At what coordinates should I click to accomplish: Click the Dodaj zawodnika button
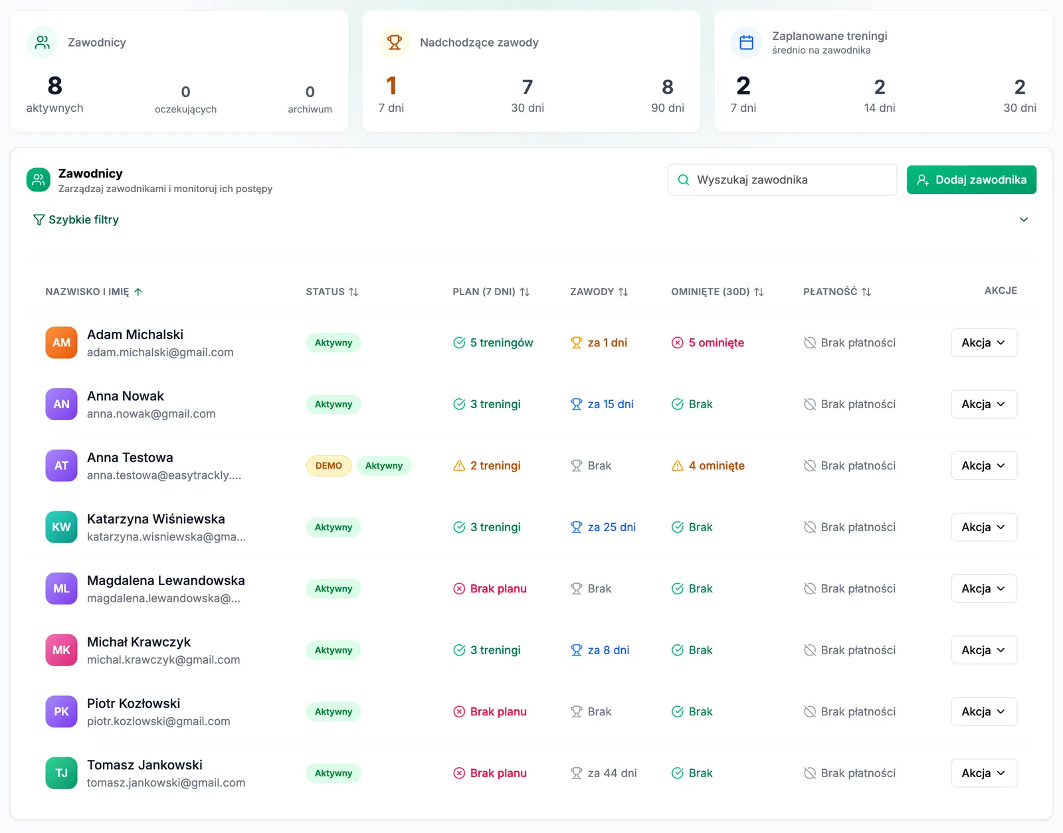tap(971, 179)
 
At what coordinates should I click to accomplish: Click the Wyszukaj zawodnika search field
tap(782, 179)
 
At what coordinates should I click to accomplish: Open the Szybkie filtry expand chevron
tap(1023, 220)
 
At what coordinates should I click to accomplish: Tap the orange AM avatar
tap(61, 342)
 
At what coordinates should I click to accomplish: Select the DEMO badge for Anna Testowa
tap(329, 465)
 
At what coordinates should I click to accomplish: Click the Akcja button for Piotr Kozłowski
tap(984, 711)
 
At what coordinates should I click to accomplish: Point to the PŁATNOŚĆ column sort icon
tap(866, 292)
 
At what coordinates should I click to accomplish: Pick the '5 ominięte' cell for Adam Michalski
tap(708, 342)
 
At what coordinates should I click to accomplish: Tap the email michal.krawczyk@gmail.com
tap(163, 659)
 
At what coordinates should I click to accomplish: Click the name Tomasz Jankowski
tap(145, 765)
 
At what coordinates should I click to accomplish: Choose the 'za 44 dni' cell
tap(604, 773)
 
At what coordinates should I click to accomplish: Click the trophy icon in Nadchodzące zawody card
tap(394, 43)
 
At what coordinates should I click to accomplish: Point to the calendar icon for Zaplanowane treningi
tap(747, 43)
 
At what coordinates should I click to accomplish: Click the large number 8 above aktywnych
tap(54, 86)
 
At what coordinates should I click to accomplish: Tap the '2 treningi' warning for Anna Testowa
tap(487, 465)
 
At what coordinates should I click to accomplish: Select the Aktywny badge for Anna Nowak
tap(334, 404)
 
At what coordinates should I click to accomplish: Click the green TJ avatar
tap(61, 773)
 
